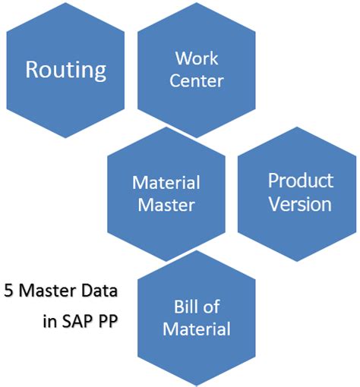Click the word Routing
[65, 70]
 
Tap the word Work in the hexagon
[197, 58]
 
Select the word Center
[197, 80]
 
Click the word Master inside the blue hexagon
[166, 204]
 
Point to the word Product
[300, 181]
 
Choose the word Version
[299, 204]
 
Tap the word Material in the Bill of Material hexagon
[197, 329]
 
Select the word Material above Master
[166, 183]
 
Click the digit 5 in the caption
[8, 291]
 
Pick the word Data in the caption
[105, 291]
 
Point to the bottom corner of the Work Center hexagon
[197, 137]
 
